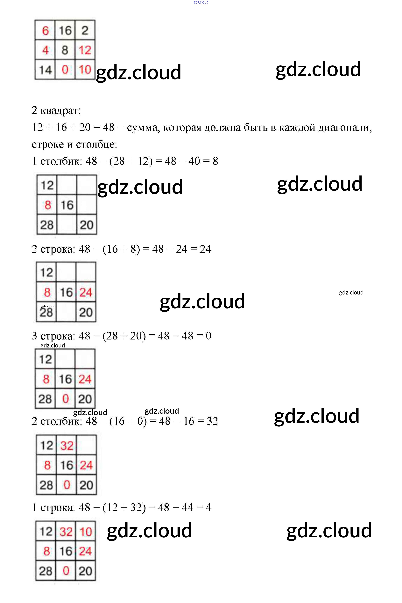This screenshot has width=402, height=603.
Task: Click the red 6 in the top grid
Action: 45,31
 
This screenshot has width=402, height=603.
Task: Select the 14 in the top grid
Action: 45,70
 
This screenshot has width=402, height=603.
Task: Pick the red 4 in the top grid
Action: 45,50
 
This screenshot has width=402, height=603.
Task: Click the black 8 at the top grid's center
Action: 65,50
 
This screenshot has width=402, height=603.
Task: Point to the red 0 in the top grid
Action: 65,70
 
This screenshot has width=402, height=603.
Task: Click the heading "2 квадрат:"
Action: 56,111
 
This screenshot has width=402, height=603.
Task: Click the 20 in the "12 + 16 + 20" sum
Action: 85,127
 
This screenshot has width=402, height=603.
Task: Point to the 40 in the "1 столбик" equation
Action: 194,161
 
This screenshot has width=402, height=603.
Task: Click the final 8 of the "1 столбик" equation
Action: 215,161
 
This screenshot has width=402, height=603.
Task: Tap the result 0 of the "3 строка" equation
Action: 208,336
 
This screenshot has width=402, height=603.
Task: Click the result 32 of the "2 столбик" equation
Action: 212,421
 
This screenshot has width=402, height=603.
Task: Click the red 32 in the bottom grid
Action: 66,532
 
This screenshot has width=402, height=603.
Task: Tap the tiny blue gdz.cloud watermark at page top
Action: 201,2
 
